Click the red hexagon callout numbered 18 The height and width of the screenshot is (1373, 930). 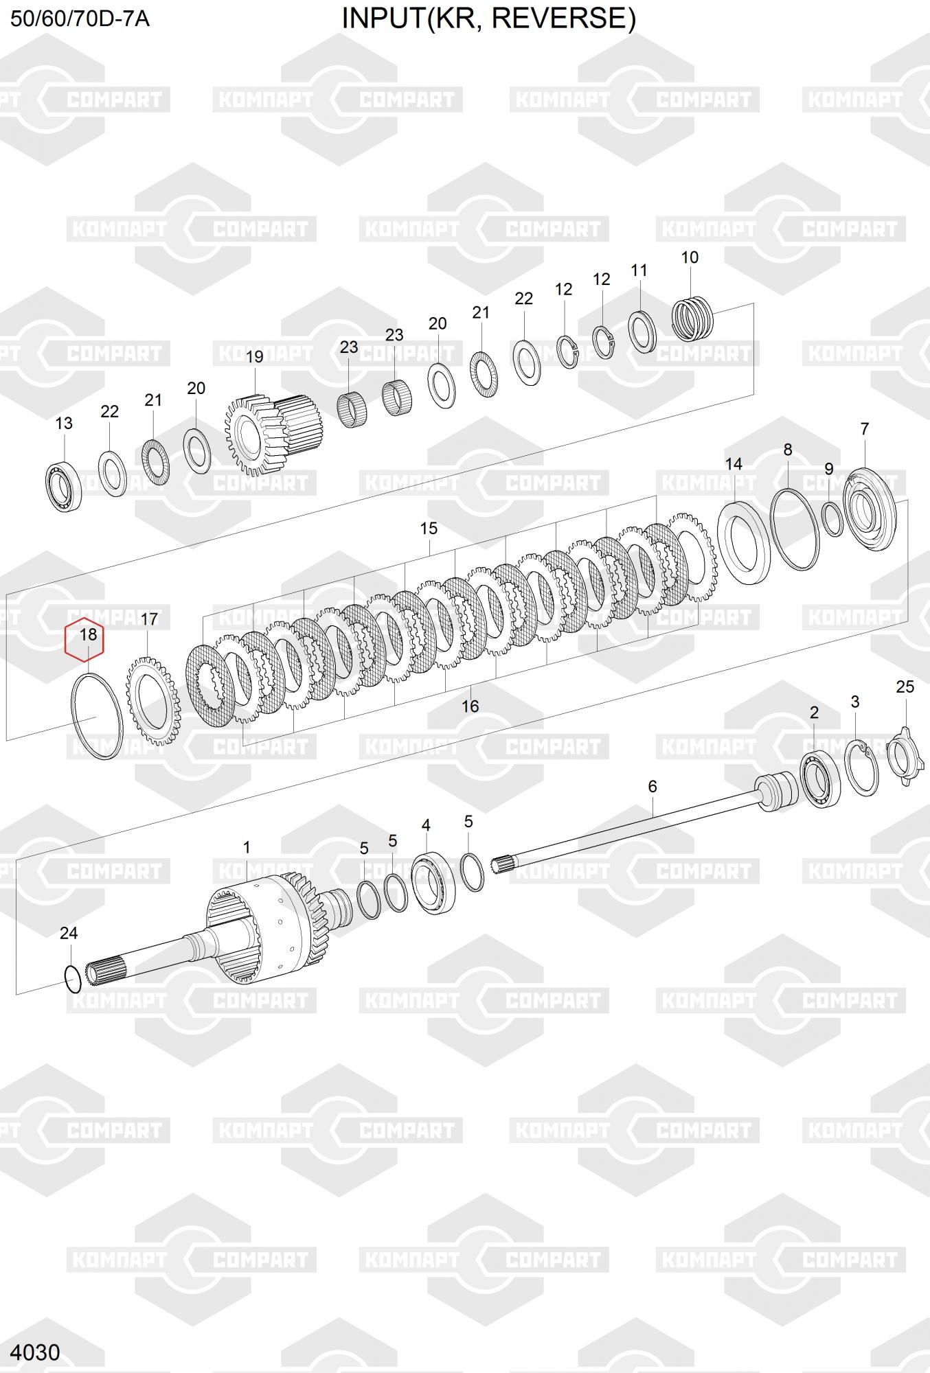point(84,641)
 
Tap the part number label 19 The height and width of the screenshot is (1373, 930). point(254,357)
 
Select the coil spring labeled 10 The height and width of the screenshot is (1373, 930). point(692,318)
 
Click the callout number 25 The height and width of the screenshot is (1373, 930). point(905,686)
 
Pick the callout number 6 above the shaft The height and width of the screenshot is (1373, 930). point(653,786)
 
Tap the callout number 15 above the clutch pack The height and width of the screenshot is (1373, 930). point(429,529)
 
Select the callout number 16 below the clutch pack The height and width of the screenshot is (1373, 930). point(470,706)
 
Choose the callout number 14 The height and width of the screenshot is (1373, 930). point(734,464)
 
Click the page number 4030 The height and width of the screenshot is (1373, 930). point(36,1352)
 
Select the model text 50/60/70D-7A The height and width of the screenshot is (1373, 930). point(80,19)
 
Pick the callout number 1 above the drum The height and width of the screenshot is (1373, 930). point(247,847)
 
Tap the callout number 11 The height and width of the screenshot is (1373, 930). point(639,270)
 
